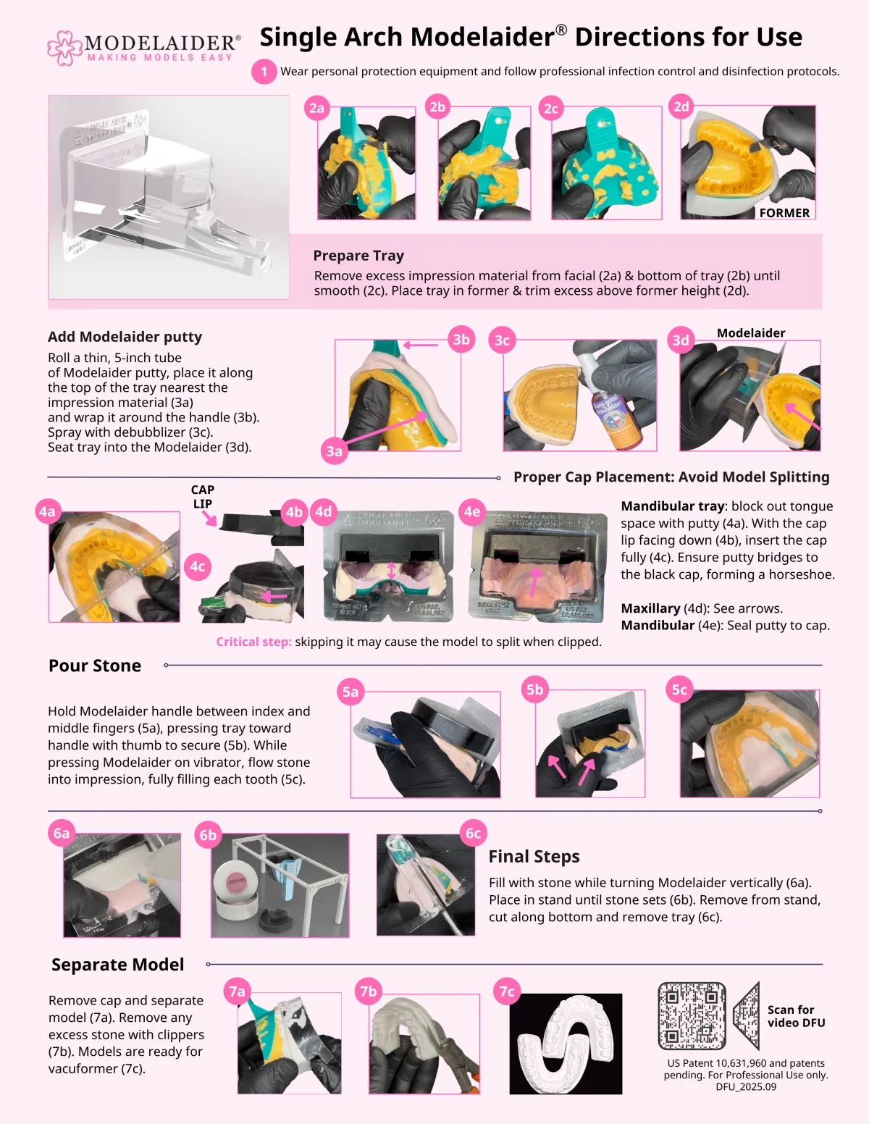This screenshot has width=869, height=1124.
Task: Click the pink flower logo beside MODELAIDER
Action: [64, 48]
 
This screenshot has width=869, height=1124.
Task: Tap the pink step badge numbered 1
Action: [264, 72]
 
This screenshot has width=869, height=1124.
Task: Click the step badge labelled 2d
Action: [681, 106]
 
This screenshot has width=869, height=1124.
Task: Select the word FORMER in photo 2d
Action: [784, 213]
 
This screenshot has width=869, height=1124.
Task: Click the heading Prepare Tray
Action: [358, 256]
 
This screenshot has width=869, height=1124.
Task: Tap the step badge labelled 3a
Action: [334, 451]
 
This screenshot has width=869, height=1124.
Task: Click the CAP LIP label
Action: [203, 497]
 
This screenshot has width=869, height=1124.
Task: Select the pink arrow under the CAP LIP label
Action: [209, 518]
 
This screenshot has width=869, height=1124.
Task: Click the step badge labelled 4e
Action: [472, 511]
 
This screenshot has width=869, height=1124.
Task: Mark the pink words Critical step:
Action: [254, 642]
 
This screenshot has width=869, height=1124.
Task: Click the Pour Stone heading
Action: [95, 665]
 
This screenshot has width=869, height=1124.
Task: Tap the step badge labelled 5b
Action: [535, 689]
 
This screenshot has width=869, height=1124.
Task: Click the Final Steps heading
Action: [534, 856]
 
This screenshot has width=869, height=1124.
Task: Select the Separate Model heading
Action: [117, 964]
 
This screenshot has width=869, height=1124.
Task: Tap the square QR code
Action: [692, 1016]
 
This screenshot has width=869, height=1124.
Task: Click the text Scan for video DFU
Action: [796, 1016]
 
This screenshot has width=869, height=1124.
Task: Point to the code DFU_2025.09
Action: [746, 1087]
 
